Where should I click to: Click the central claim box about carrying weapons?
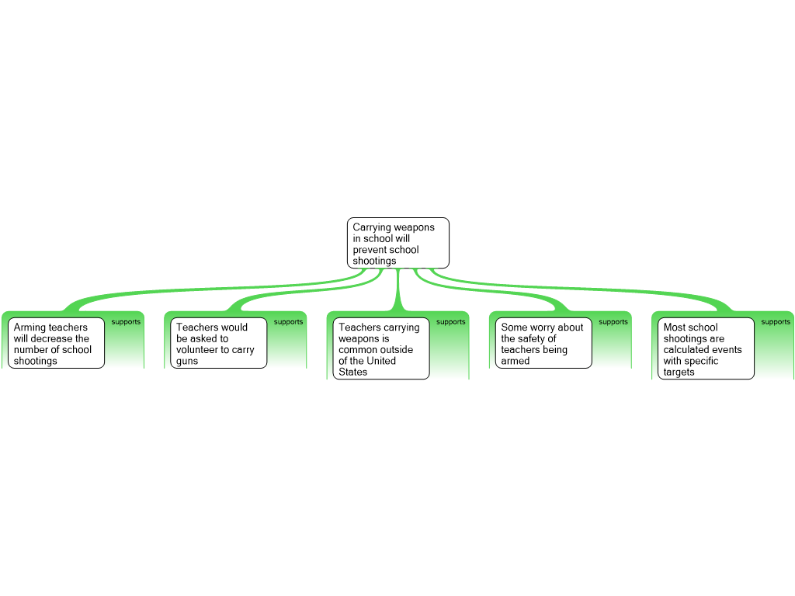point(397,243)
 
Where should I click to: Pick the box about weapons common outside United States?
point(382,348)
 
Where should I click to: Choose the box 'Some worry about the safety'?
point(543,342)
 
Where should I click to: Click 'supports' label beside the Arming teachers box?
point(126,322)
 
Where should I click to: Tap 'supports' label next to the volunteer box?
point(288,322)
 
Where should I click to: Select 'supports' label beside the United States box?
point(450,322)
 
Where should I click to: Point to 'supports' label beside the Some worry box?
point(613,322)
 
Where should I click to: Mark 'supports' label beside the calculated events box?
point(775,322)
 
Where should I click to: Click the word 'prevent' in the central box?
point(370,250)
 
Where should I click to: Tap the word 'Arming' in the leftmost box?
point(30,327)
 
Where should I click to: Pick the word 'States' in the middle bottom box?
point(353,372)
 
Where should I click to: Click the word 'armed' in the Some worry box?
point(516,362)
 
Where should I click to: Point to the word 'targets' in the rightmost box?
point(679,372)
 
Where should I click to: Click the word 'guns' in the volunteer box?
point(187,362)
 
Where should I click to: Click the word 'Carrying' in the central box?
point(372,227)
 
